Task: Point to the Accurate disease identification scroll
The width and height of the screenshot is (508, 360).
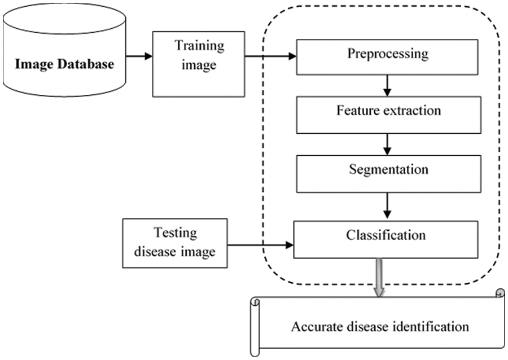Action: (379, 326)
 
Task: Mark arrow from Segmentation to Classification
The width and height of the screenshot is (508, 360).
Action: (387, 204)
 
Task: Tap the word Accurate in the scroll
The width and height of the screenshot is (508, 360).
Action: (312, 326)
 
